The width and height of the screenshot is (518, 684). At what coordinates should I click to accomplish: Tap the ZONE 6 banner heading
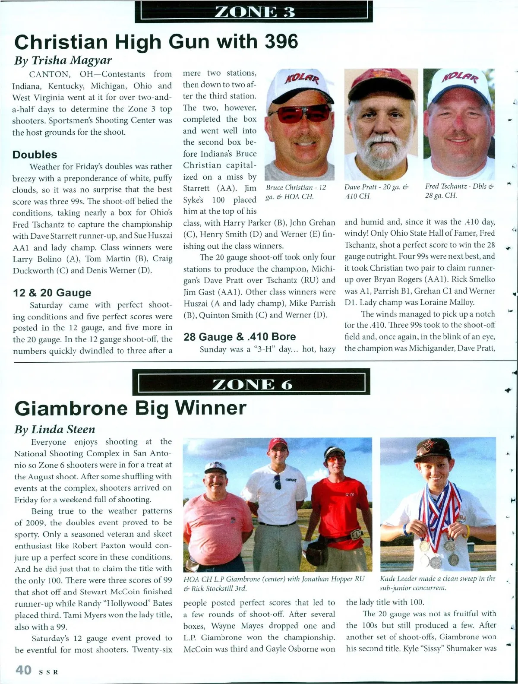(252, 384)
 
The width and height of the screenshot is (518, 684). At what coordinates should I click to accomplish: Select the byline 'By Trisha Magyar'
(63, 60)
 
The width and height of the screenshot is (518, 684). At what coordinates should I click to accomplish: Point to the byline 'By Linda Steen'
(55, 429)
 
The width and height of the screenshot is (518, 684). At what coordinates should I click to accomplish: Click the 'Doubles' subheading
(35, 155)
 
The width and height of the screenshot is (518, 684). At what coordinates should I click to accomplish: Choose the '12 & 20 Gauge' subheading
(52, 293)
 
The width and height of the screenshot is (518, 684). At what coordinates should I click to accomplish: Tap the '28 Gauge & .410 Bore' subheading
(240, 337)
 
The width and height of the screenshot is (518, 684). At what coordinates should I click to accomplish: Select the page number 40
(24, 670)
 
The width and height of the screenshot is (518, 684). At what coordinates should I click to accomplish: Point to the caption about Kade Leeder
(437, 583)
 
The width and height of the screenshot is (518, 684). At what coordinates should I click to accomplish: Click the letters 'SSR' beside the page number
(48, 672)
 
